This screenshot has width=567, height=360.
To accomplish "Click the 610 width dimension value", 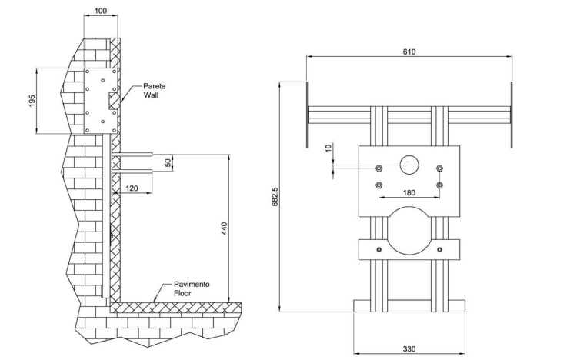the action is click(409, 52).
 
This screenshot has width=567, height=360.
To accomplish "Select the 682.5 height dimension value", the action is click(275, 197).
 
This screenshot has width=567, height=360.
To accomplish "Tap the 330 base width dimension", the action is click(409, 348).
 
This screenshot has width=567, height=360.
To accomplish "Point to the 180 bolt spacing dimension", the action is click(409, 192).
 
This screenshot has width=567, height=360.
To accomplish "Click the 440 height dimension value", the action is click(224, 228).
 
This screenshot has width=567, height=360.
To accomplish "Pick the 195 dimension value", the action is click(32, 101).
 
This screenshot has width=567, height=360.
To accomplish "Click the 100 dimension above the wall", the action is click(101, 11).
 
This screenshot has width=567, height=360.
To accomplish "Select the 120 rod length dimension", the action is click(132, 188).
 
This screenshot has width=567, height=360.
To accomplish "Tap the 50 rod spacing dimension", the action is click(168, 162).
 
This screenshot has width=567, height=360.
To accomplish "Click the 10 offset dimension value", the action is click(328, 148).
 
